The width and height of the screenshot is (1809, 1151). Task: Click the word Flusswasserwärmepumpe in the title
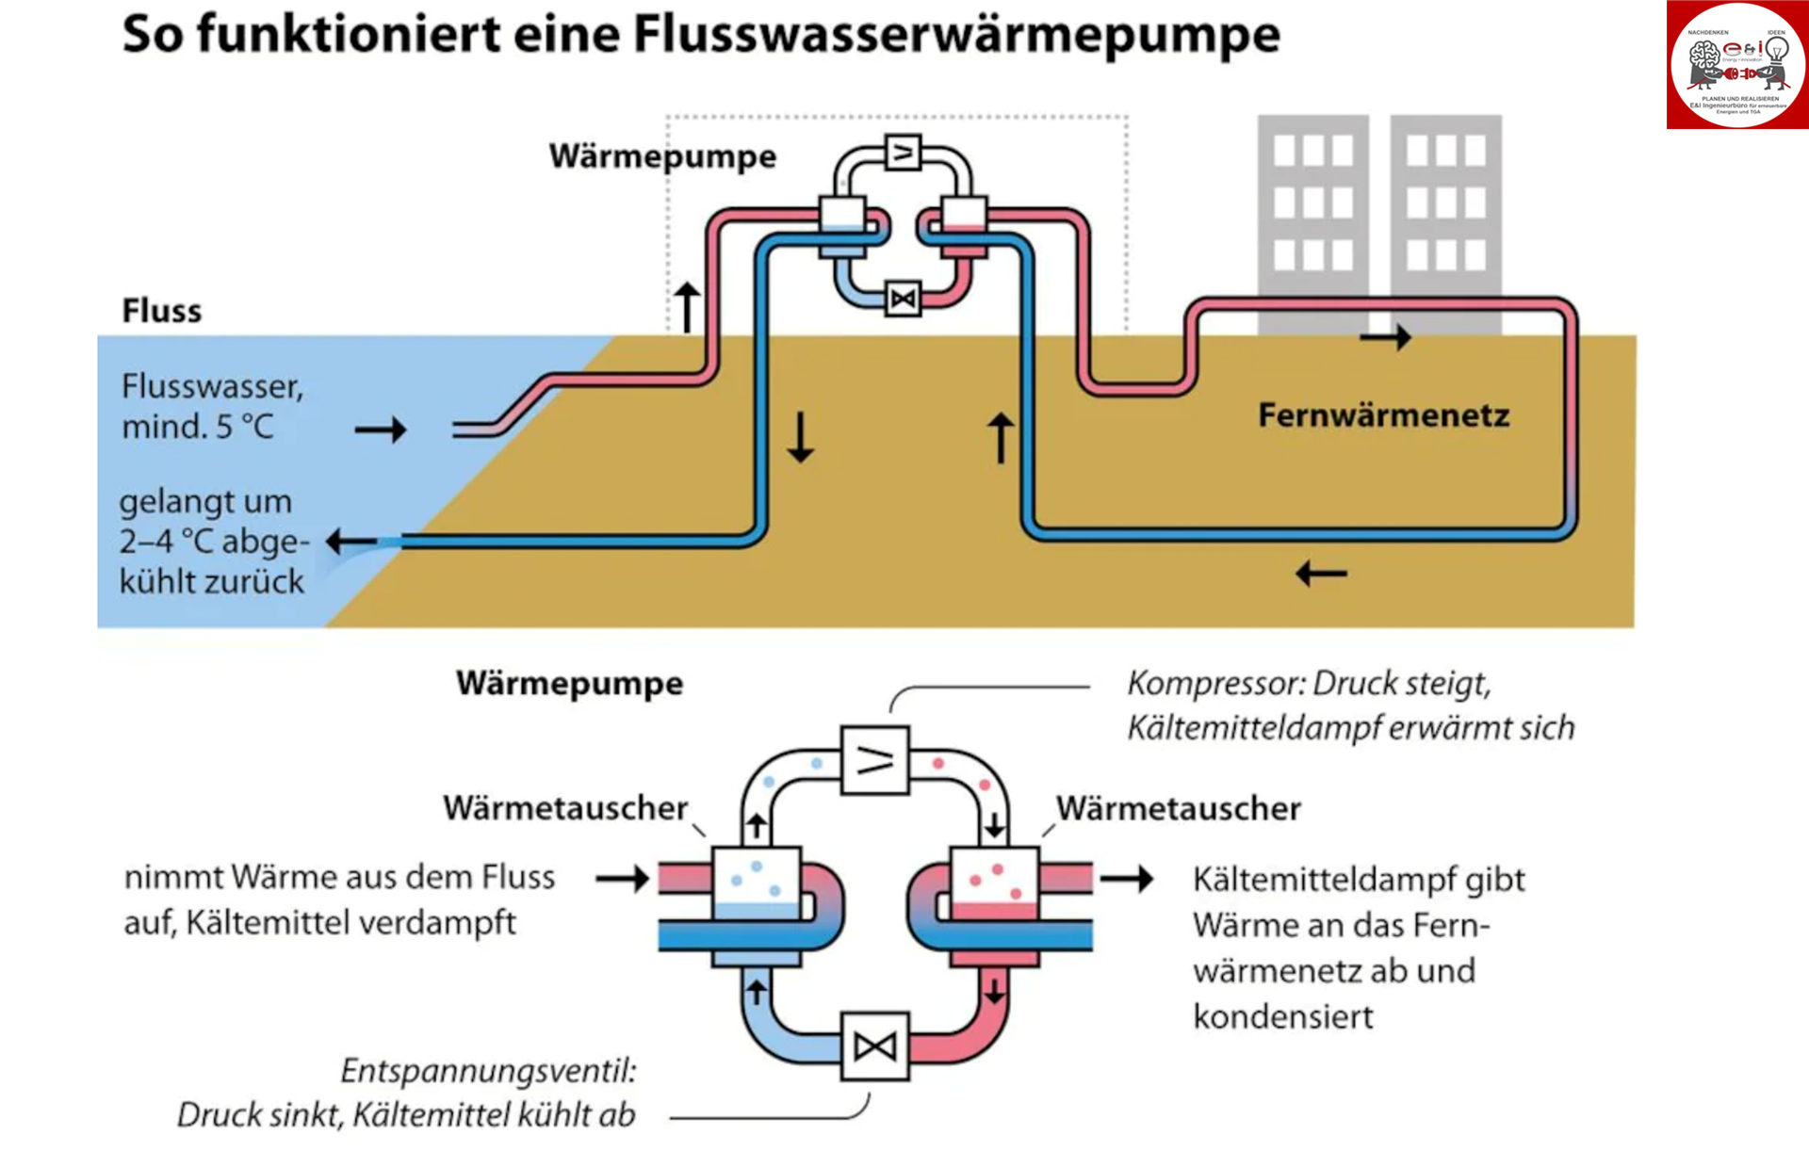(x=956, y=36)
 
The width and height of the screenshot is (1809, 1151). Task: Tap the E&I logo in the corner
(x=1736, y=65)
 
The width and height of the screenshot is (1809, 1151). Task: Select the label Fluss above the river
(x=161, y=311)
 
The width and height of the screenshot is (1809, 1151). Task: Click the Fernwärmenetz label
(x=1383, y=415)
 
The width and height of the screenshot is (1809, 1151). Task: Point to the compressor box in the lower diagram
(x=874, y=760)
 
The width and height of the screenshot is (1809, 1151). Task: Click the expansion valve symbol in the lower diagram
(x=874, y=1046)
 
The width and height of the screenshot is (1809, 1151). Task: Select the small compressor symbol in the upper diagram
(x=903, y=153)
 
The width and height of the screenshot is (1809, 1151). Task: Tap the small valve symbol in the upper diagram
(x=903, y=300)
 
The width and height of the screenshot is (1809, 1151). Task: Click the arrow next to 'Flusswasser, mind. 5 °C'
(x=381, y=430)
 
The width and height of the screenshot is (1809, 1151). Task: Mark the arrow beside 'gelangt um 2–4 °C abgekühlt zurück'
(x=350, y=542)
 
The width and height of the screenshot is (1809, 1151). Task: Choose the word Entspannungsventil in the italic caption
(x=488, y=1071)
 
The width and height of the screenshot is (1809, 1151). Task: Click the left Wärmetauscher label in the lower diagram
(x=565, y=808)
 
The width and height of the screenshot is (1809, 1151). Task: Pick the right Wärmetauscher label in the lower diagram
(x=1178, y=808)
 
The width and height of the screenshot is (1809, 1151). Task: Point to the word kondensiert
(x=1282, y=1017)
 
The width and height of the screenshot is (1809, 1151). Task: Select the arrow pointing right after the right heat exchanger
(x=1127, y=879)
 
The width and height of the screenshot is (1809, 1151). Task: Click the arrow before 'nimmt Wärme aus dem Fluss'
(x=623, y=879)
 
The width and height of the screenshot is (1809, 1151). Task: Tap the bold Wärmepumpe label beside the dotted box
(x=662, y=156)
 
